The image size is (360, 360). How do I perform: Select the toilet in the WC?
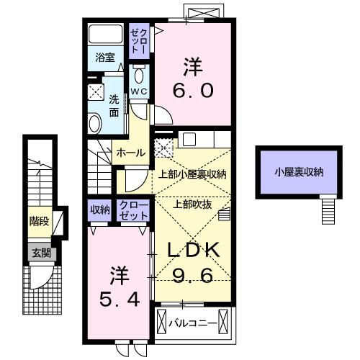pyautogui.click(x=139, y=76)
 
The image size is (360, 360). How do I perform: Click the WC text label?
pyautogui.click(x=139, y=92)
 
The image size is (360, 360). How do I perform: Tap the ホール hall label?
pyautogui.click(x=131, y=153)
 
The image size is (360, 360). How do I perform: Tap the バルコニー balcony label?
pyautogui.click(x=195, y=323)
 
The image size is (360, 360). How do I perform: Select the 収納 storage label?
pyautogui.click(x=100, y=210)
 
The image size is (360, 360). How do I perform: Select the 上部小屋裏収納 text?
pyautogui.click(x=192, y=174)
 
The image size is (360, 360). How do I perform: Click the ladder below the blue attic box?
pyautogui.click(x=328, y=210)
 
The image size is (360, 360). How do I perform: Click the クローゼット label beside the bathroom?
pyautogui.click(x=137, y=41)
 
